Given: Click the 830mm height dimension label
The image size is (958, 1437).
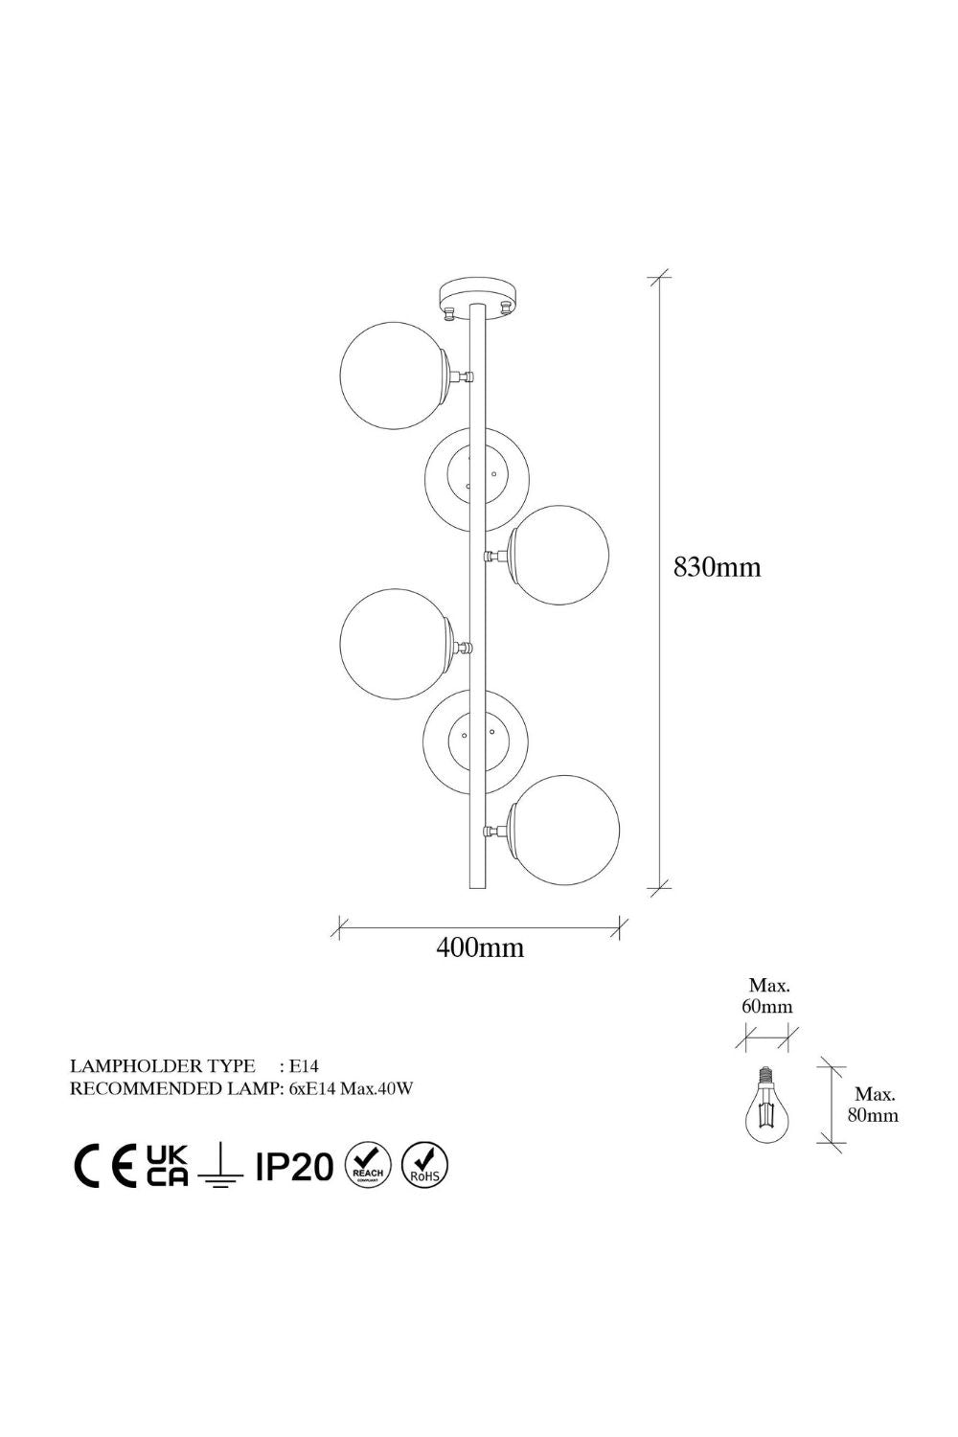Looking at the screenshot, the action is point(717,567).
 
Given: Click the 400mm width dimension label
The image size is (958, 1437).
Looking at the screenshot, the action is point(480,947).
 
